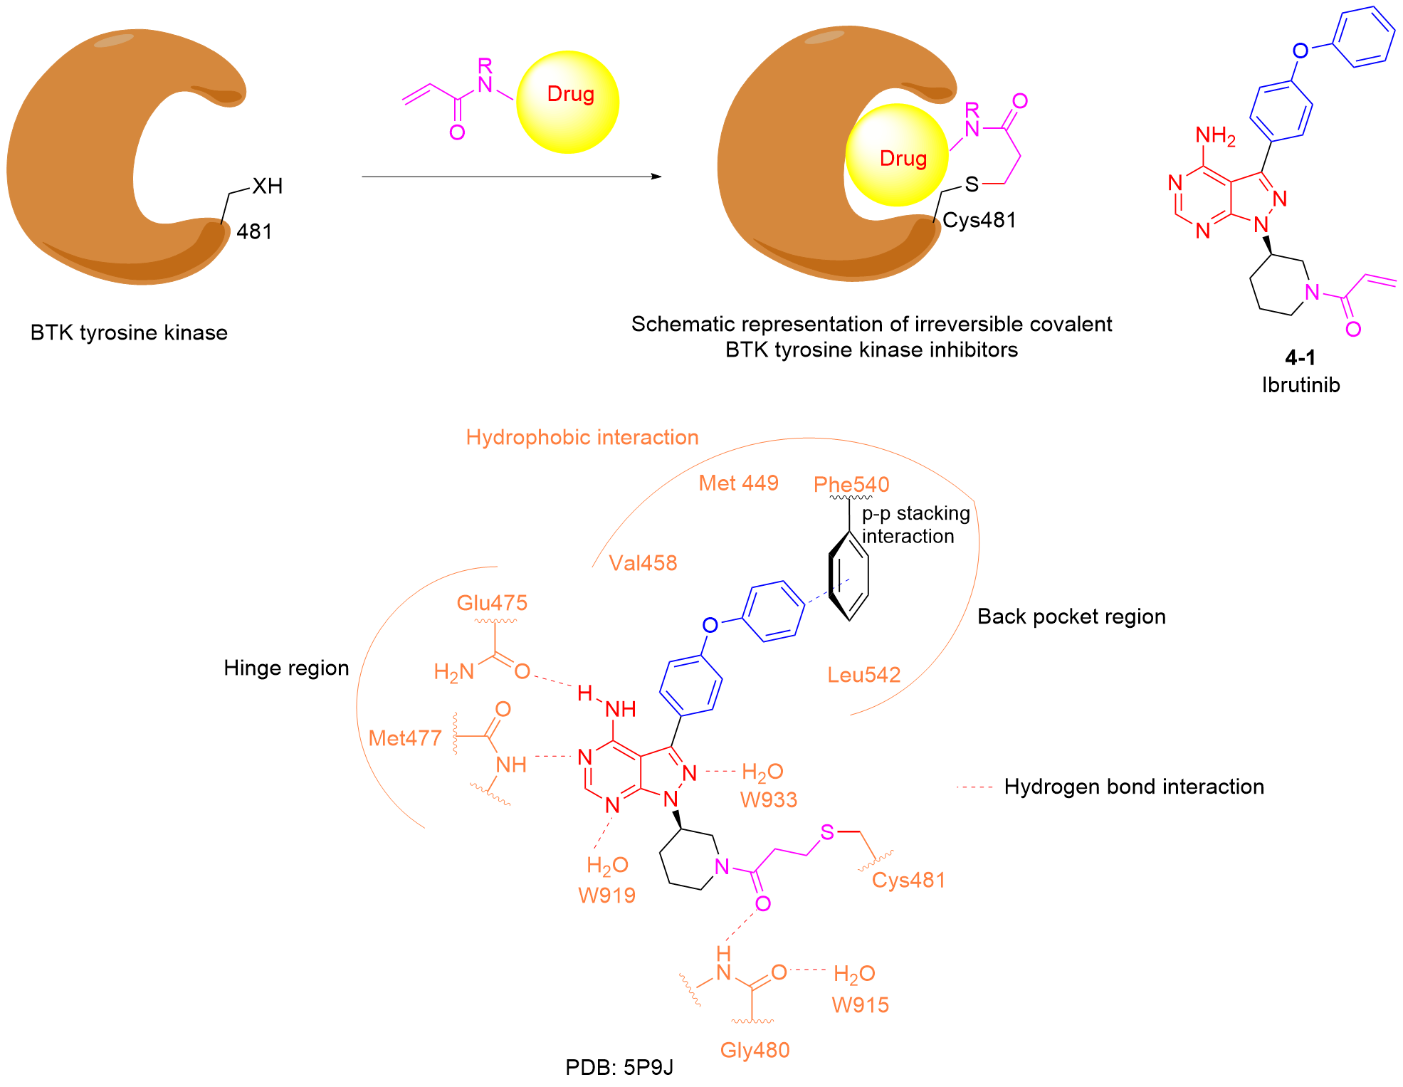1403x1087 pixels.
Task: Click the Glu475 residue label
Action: click(x=492, y=603)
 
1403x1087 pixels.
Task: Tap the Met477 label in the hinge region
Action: click(x=405, y=738)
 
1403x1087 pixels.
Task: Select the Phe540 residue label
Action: click(x=851, y=485)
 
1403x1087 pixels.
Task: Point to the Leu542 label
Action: click(x=863, y=675)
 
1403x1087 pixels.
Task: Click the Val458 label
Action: click(x=643, y=563)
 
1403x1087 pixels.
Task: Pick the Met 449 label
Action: click(x=738, y=483)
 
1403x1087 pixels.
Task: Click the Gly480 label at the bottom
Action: click(x=755, y=1050)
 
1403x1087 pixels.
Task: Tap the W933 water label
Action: click(x=769, y=800)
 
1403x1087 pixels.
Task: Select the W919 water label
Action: click(x=606, y=896)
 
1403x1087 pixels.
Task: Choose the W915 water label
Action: click(x=860, y=1005)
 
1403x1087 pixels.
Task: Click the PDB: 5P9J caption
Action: click(x=619, y=1068)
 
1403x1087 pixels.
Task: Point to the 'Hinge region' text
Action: click(x=286, y=668)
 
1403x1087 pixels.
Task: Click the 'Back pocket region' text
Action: click(x=1071, y=616)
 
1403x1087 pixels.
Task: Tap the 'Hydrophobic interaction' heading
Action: click(x=582, y=437)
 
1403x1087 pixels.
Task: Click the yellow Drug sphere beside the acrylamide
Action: click(x=568, y=102)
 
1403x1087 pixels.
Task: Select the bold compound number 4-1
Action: click(x=1300, y=357)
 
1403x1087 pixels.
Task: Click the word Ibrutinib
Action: click(x=1300, y=385)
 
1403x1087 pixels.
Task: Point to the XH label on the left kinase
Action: click(x=267, y=187)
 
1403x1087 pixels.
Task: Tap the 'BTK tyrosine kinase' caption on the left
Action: click(x=129, y=332)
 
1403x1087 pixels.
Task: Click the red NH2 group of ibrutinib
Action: click(x=1214, y=135)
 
